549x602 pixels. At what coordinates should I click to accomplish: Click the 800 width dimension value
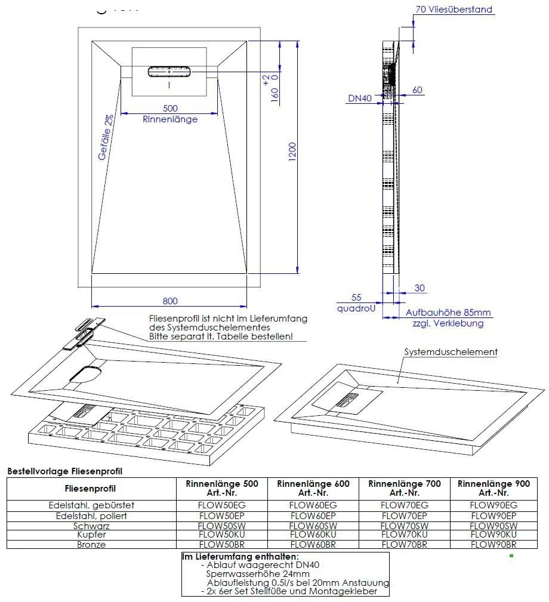[170, 301]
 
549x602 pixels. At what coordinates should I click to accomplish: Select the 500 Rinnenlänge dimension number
[170, 108]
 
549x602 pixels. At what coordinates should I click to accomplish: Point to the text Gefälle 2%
[106, 137]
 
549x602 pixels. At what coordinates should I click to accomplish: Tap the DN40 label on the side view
[360, 99]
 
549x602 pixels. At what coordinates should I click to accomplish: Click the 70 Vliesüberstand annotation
[454, 10]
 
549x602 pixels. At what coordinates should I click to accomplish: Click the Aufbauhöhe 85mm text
[448, 313]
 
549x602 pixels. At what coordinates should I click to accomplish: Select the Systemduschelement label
[451, 352]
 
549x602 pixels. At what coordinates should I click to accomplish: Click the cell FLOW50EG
[222, 505]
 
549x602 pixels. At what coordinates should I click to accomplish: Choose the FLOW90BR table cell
[493, 544]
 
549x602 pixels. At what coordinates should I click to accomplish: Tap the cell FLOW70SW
[404, 526]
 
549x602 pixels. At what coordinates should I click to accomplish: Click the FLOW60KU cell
[313, 535]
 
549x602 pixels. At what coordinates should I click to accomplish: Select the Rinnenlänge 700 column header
[404, 488]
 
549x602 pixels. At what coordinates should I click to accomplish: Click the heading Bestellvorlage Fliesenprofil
[64, 471]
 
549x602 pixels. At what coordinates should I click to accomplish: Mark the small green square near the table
[511, 555]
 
